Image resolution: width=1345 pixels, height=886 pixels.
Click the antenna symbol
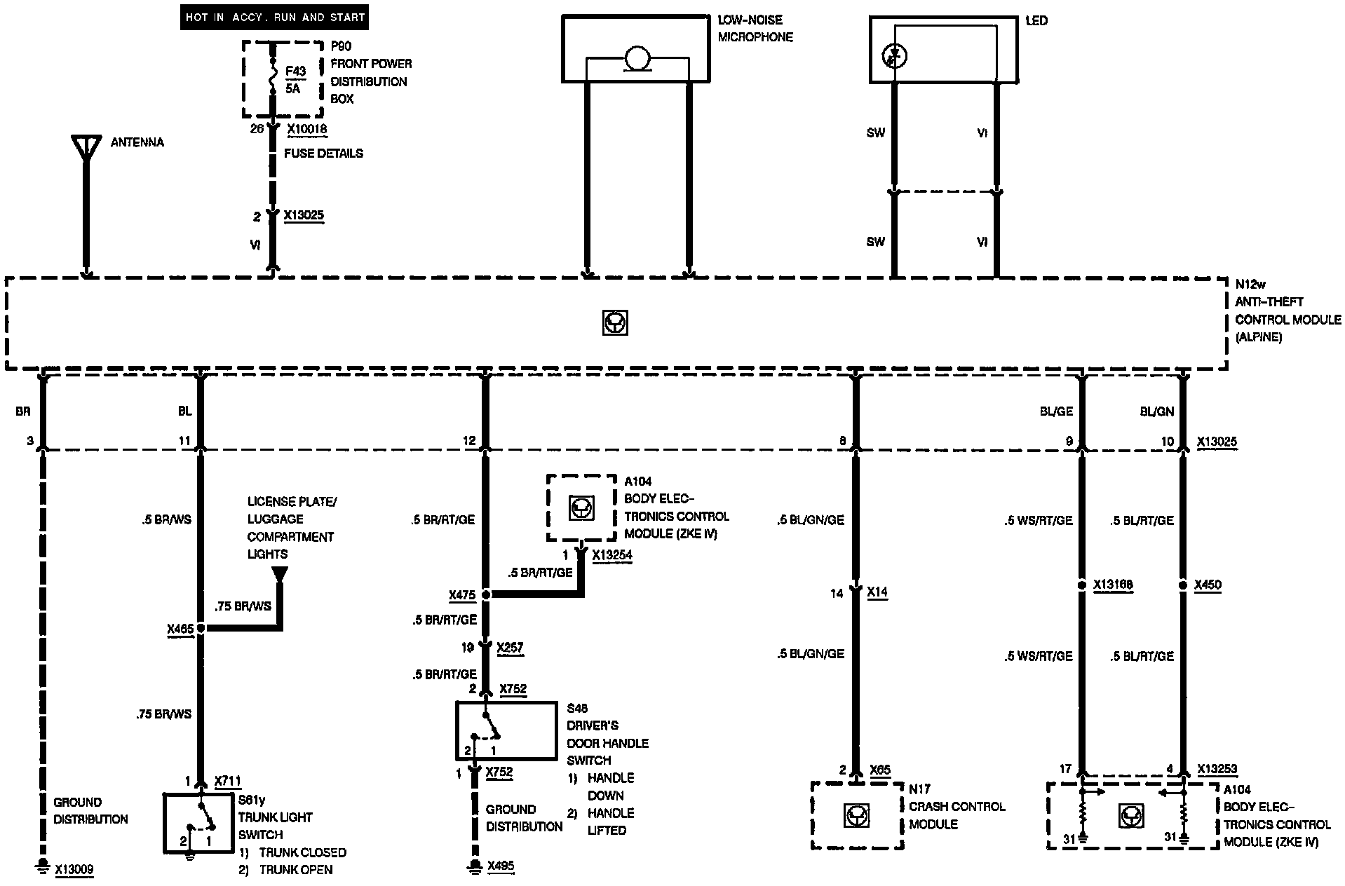[86, 148]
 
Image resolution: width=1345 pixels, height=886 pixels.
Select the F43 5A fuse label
[294, 80]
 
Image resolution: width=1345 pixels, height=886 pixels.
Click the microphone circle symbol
[637, 59]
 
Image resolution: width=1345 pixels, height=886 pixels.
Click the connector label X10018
[306, 129]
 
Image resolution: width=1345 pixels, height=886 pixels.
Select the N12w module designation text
[1250, 284]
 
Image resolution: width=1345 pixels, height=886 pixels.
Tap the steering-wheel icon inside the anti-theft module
[615, 322]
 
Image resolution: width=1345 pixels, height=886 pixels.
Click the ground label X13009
[74, 870]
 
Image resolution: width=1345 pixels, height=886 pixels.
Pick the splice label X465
[180, 629]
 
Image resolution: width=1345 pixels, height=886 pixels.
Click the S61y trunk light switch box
[198, 823]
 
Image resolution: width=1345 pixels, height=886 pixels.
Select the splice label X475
[462, 595]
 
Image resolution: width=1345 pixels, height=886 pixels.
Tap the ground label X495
[501, 866]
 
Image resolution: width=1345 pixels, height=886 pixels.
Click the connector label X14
[877, 592]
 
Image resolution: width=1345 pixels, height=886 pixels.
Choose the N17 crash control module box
[857, 815]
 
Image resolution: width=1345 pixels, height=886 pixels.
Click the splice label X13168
[1113, 585]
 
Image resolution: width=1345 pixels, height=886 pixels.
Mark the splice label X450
[1208, 585]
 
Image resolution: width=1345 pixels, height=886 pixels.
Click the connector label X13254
[612, 555]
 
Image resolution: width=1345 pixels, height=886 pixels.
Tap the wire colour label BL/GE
[1056, 411]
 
